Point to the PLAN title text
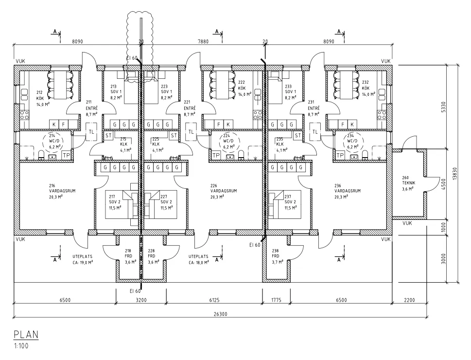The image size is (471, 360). tap(26, 335)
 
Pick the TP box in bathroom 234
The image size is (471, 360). tap(340, 155)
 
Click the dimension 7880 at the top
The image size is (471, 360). tap(203, 42)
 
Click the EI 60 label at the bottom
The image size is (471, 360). tap(135, 291)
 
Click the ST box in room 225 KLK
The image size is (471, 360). tap(174, 135)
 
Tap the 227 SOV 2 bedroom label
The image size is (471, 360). tap(167, 202)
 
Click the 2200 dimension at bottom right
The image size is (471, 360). tap(409, 300)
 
